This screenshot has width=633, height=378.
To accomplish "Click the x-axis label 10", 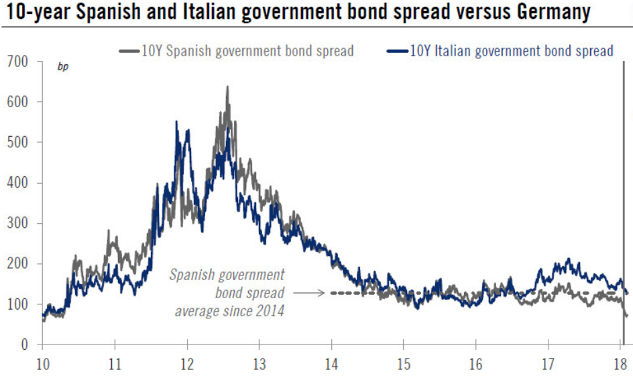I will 42,366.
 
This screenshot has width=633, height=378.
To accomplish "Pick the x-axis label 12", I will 187,366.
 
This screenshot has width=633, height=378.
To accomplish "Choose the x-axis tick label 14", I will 331,366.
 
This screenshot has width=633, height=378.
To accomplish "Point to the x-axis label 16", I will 475,366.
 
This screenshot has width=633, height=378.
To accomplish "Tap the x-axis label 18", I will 620,366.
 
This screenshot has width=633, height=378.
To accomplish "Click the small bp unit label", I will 63,67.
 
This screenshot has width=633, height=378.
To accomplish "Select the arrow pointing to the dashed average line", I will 310,293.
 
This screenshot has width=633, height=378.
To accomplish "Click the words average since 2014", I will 230,311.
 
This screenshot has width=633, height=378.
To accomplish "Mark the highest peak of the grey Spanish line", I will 227,86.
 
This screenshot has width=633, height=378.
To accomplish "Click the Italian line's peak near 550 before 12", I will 176,122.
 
